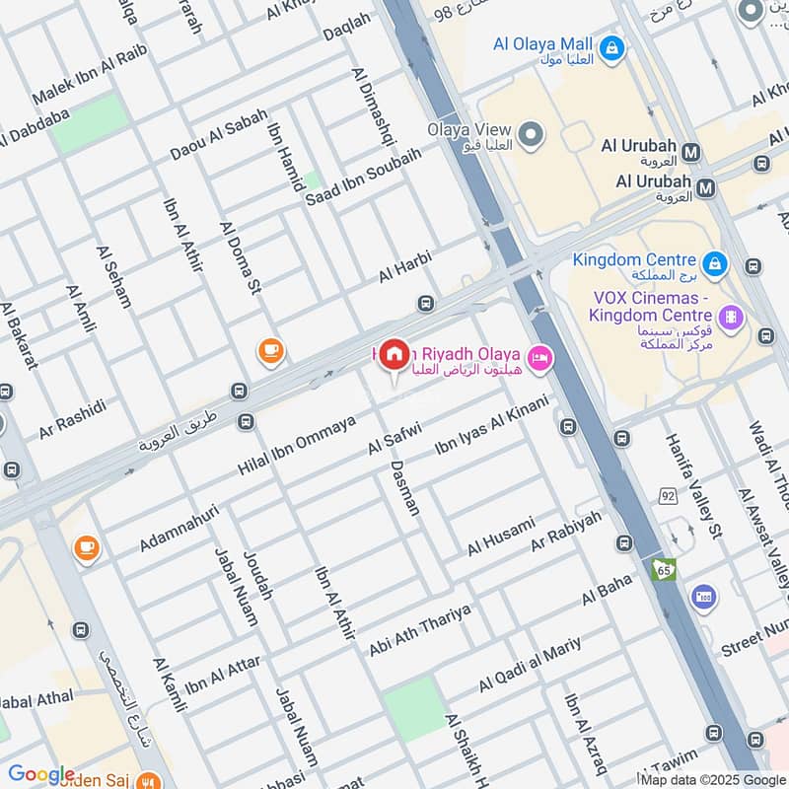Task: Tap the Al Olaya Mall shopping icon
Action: point(611,46)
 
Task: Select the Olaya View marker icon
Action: point(531,134)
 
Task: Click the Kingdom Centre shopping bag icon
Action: point(714,263)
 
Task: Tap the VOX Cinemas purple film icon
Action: point(731,317)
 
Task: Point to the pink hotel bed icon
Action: point(539,356)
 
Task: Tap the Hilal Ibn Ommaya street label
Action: point(296,446)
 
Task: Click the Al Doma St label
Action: point(241,258)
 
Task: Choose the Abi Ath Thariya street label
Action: point(420,631)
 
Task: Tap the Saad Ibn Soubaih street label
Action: point(363,177)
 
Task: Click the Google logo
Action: point(40,775)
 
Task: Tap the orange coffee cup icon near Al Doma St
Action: point(269,349)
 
